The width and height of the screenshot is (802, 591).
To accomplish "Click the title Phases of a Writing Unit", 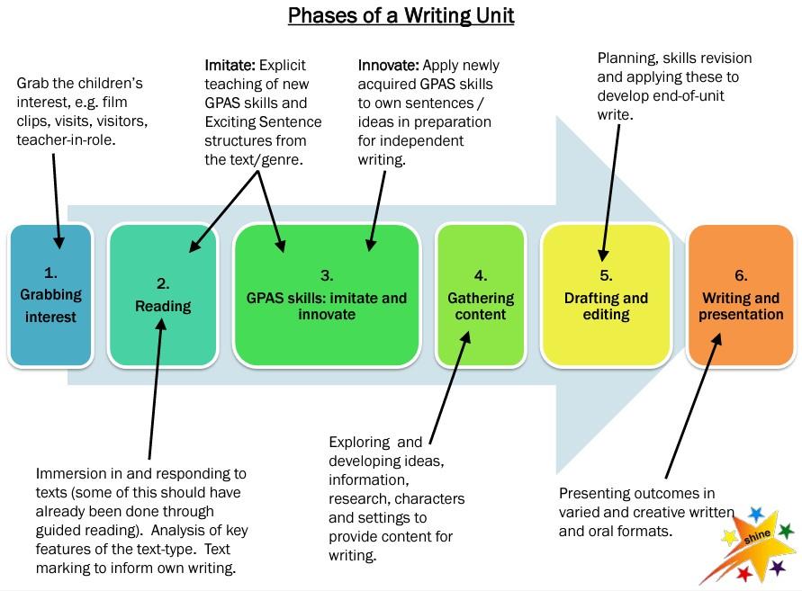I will coord(401,17).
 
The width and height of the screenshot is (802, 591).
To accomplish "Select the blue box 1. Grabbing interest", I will coord(50,294).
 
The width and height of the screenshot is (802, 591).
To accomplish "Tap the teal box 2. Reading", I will coord(163,294).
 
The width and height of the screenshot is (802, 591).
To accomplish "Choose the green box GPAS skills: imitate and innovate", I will coord(327,294).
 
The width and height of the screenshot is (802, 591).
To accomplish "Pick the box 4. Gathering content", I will coord(481,294).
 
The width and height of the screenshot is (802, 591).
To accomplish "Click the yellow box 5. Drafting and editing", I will coord(606,294).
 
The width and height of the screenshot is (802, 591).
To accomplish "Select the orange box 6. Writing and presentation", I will coord(742,294).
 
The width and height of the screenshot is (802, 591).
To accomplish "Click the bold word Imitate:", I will coord(230,66).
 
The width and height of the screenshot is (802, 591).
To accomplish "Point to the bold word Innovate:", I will coord(389,66).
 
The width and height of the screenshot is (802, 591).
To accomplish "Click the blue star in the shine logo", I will coord(756,514).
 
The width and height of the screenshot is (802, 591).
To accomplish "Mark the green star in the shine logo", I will coord(786,531).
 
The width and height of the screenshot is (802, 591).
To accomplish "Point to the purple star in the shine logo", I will coord(777,567).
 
